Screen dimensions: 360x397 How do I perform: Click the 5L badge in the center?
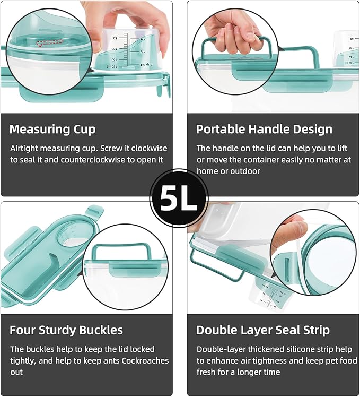179,198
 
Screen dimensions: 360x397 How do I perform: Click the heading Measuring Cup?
52,129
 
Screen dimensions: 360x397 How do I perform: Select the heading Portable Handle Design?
264,129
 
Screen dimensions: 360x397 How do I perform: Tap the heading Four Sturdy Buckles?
66,330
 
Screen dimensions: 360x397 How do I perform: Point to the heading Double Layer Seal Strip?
263,330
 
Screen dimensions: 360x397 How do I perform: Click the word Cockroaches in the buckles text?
145,360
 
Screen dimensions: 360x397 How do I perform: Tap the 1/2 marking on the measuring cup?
143,51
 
